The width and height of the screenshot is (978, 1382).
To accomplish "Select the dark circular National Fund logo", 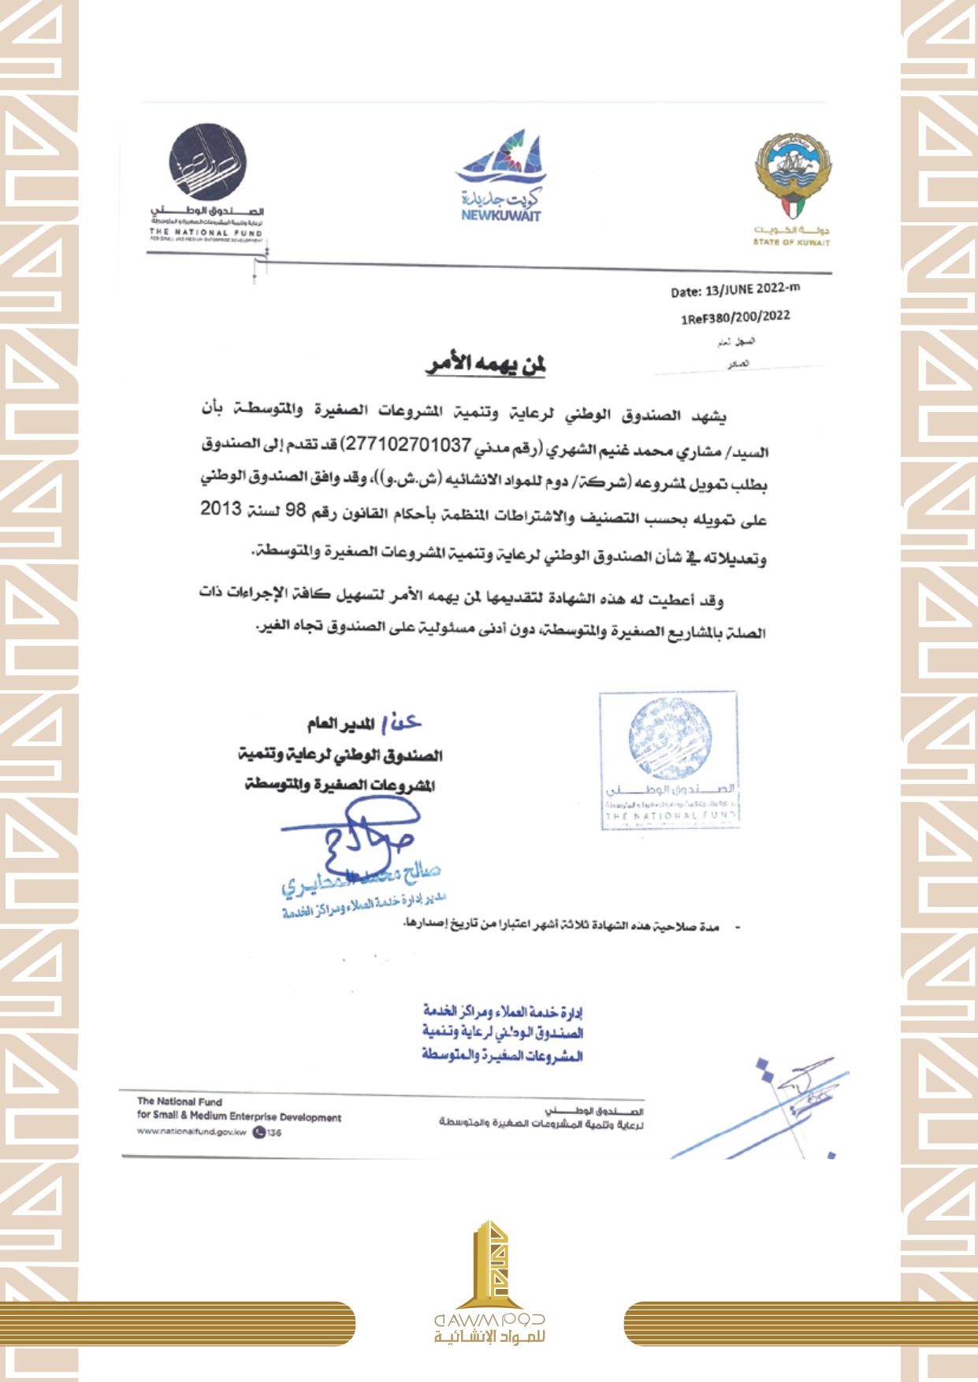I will pyautogui.click(x=207, y=162).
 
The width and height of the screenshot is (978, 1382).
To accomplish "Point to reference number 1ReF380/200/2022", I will pyautogui.click(x=734, y=317).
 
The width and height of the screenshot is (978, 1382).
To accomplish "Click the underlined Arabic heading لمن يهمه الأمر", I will pyautogui.click(x=486, y=364).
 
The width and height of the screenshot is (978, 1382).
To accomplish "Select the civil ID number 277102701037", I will pyautogui.click(x=408, y=445).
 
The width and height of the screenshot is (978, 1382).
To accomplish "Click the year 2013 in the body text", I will pyautogui.click(x=221, y=509).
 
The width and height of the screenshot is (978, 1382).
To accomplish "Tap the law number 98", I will pyautogui.click(x=295, y=511).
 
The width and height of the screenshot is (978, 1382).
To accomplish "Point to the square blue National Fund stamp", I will pyautogui.click(x=669, y=760).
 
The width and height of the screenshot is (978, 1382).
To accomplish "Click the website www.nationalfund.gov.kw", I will pyautogui.click(x=192, y=1132).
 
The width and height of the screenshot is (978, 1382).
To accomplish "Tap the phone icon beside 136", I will pyautogui.click(x=259, y=1133).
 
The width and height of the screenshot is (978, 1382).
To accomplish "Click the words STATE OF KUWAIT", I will pyautogui.click(x=790, y=243).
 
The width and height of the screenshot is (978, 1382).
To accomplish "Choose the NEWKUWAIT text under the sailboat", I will pyautogui.click(x=501, y=215).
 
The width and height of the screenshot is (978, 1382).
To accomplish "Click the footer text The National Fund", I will pyautogui.click(x=180, y=1102).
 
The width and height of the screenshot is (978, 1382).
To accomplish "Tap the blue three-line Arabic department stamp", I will pyautogui.click(x=502, y=1033).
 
